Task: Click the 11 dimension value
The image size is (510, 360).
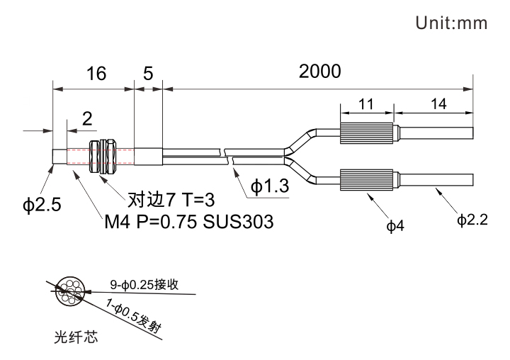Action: coord(365,103)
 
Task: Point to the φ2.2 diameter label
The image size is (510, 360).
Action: coord(472,221)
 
